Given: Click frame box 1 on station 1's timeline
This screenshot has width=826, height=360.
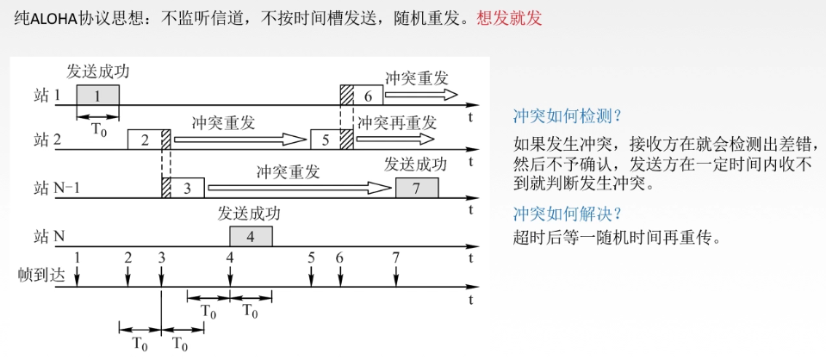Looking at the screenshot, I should point(97,96).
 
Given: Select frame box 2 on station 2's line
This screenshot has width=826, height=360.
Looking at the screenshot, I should point(144,140).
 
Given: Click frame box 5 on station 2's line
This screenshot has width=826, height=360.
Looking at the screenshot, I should point(325,140).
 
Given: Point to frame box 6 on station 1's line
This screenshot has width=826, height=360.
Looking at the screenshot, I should point(368,96).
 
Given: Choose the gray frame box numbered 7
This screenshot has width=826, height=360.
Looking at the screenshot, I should point(417,188).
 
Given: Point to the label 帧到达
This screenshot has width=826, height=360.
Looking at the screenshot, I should point(41,275).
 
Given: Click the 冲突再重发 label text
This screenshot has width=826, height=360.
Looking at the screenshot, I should point(397,121).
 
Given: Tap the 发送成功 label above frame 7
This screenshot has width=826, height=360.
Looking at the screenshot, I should point(416,164).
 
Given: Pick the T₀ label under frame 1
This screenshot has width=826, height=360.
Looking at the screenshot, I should point(99,130).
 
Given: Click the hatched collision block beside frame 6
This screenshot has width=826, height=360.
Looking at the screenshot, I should point(346,96).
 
